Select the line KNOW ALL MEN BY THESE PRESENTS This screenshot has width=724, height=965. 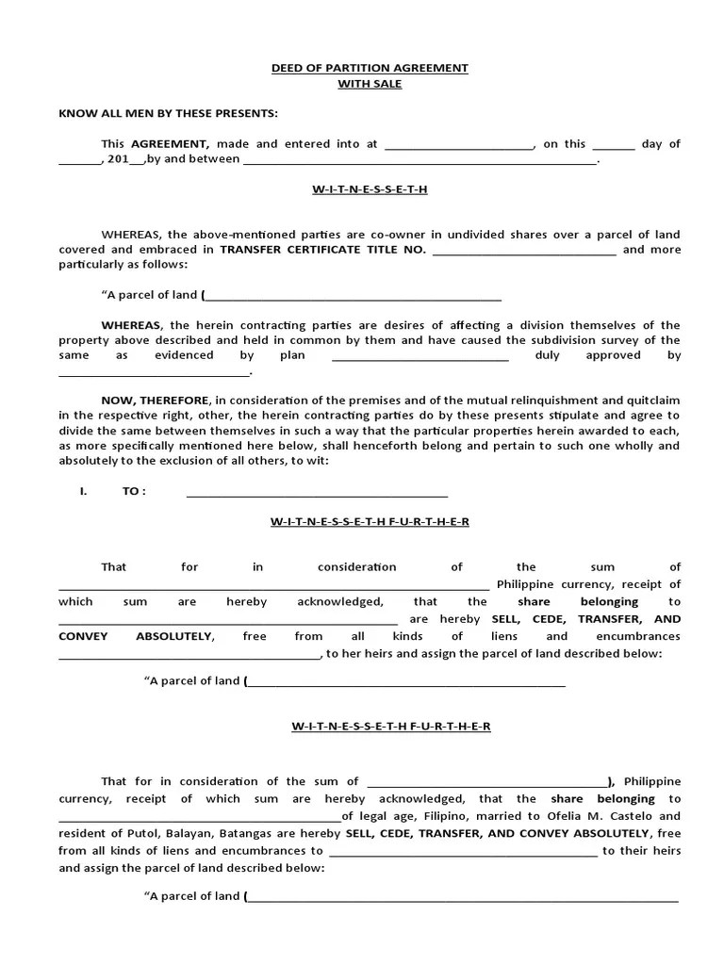[x=169, y=114]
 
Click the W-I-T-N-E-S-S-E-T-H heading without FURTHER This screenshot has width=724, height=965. [x=370, y=189]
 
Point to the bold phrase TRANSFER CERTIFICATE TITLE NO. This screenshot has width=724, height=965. [x=322, y=250]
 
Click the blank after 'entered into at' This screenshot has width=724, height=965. [x=459, y=145]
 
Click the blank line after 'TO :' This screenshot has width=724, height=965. [x=317, y=493]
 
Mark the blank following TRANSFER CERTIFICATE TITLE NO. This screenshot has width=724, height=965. [x=524, y=251]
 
